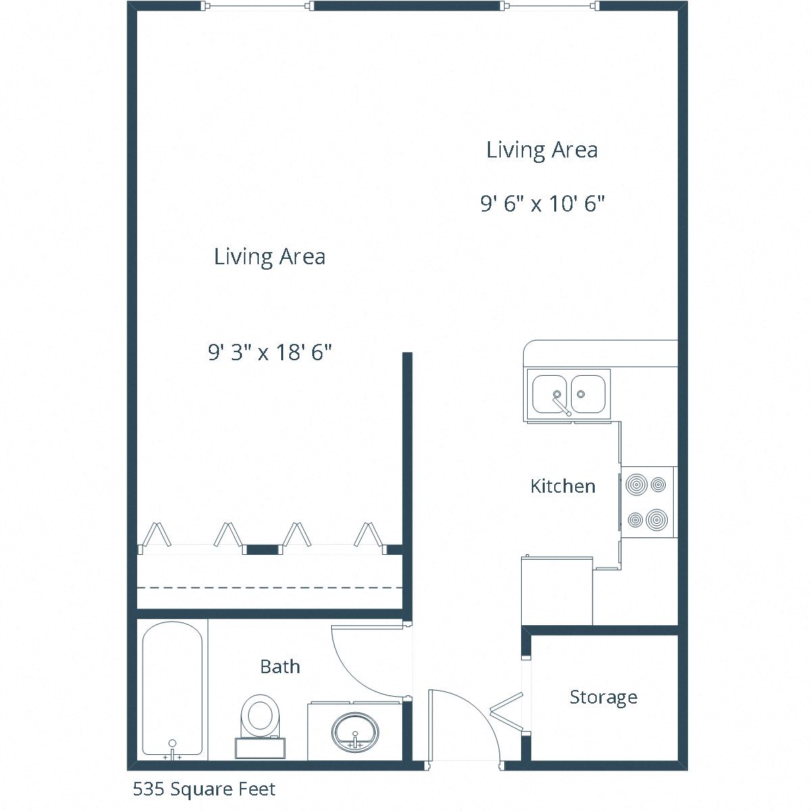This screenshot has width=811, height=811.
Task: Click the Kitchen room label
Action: click(x=562, y=486)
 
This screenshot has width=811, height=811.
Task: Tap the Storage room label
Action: click(x=603, y=697)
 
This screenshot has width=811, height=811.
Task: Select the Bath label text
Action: click(x=280, y=666)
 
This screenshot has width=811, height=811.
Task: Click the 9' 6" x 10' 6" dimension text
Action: click(x=542, y=203)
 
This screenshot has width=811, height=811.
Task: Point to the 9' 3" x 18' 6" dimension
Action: click(x=270, y=352)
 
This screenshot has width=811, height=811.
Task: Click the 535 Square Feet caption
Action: click(x=204, y=789)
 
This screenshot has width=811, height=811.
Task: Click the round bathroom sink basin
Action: click(x=355, y=731)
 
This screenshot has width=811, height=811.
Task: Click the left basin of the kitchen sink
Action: click(x=550, y=393)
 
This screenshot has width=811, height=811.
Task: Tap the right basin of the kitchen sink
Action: click(x=589, y=393)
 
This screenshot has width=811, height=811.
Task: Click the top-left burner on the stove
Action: click(x=636, y=485)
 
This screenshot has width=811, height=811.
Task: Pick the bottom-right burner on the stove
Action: click(x=656, y=520)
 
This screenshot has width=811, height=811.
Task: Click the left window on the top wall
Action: click(x=258, y=6)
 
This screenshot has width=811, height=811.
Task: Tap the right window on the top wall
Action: click(x=549, y=6)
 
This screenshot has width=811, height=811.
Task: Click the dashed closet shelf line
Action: click(x=270, y=588)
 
